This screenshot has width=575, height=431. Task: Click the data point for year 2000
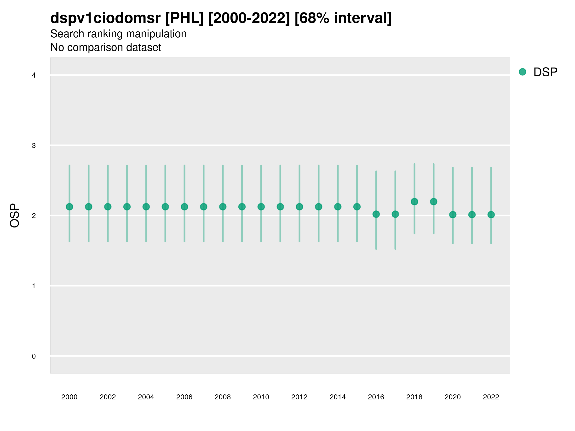point(69,207)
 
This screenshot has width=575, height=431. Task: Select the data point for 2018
point(414,202)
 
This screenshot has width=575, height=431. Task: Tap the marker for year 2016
point(376,214)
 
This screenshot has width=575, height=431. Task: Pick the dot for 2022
point(491,215)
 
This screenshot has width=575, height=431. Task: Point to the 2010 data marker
point(261,207)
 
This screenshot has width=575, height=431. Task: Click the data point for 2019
point(434,202)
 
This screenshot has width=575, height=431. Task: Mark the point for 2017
point(395,214)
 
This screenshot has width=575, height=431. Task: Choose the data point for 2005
point(165,207)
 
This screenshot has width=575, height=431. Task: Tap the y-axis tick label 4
point(34,75)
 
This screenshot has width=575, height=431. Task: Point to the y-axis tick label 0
point(34,356)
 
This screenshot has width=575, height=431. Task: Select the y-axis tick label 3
point(34,146)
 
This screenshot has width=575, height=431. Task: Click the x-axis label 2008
point(223,397)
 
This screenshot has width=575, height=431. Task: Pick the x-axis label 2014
point(338,397)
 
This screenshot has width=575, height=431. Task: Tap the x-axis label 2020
point(453,397)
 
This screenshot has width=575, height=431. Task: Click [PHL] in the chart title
point(184,18)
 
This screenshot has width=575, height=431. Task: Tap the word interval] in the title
point(363,18)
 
